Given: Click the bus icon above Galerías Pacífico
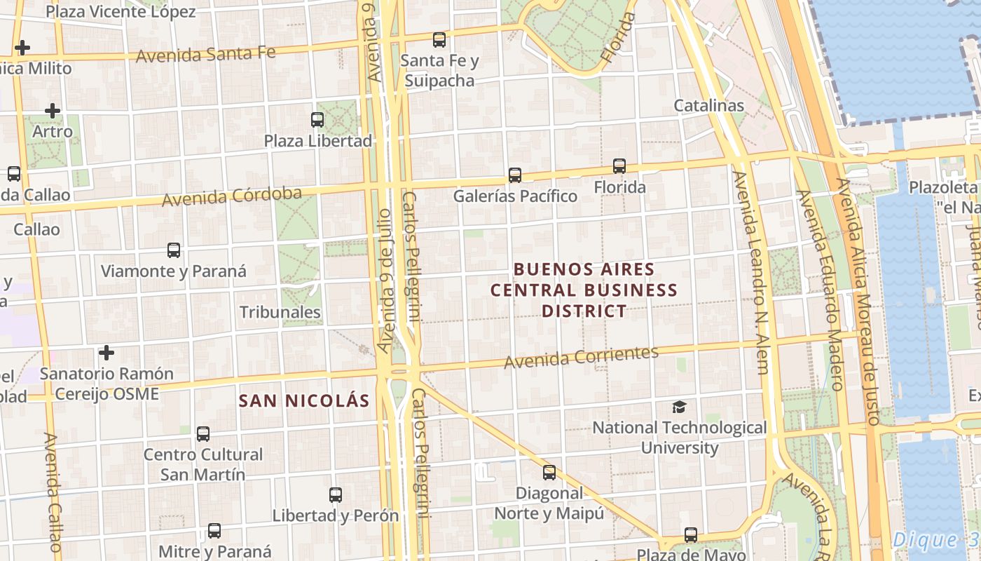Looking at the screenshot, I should tap(515, 175).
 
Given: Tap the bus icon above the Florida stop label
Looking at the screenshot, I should tap(619, 166).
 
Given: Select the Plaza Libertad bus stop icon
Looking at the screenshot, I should tap(317, 120).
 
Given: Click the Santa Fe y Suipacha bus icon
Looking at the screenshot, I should tap(439, 40).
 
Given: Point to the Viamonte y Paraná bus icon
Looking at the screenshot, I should tap(174, 250).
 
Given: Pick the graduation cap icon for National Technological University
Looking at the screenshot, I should tap(679, 407).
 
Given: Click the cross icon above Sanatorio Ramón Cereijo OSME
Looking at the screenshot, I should tap(107, 352).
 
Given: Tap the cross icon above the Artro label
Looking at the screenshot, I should tap(53, 111).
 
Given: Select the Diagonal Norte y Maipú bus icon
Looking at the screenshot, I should tap(549, 473).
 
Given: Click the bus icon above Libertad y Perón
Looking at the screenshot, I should tap(336, 495).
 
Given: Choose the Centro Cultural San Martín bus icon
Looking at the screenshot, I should tap(203, 434).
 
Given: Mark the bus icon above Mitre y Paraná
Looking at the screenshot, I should tap(214, 531).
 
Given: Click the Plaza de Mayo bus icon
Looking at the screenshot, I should tap(691, 535).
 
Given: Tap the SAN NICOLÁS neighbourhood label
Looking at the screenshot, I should tap(303, 401).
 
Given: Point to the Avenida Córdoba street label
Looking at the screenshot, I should tap(232, 196).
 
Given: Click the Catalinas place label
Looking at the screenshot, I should tap(708, 106).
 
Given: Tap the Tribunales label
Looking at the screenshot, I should tap(280, 312).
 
